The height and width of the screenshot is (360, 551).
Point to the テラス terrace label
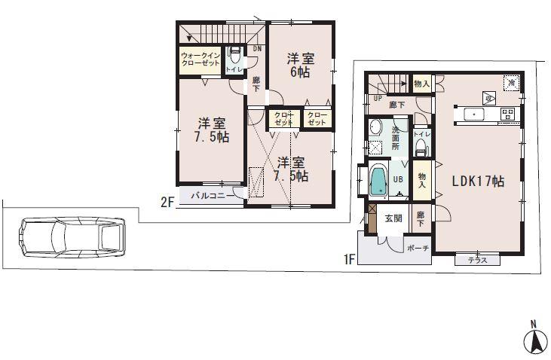coord(478,260)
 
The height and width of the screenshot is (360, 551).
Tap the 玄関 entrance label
coord(393,218)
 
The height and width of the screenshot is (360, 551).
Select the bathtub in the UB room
coord(379,182)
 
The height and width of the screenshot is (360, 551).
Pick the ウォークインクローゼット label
coord(200,59)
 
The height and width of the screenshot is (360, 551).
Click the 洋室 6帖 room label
coord(298,66)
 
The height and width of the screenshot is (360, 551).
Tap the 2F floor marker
coord(167,201)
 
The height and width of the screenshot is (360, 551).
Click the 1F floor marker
coord(349,261)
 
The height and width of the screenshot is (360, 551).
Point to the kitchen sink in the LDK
coord(476,114)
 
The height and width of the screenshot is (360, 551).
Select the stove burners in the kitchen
coord(507,114)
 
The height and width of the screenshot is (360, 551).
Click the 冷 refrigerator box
coord(511,82)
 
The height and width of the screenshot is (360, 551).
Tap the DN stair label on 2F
coord(257,50)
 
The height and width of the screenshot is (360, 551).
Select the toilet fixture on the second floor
coord(234,56)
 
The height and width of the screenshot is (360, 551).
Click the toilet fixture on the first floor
coord(421,144)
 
